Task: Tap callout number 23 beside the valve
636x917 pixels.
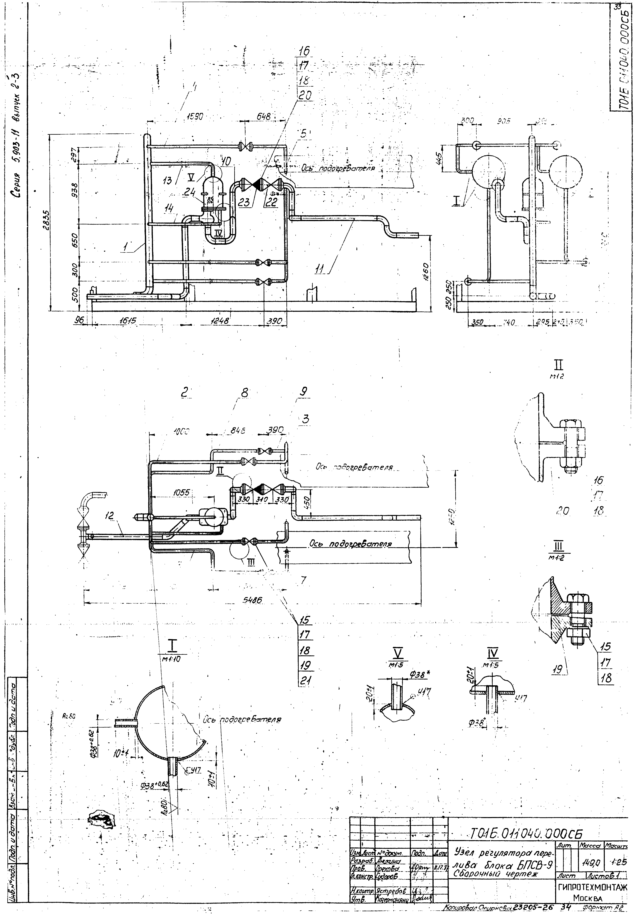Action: pyautogui.click(x=244, y=202)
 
